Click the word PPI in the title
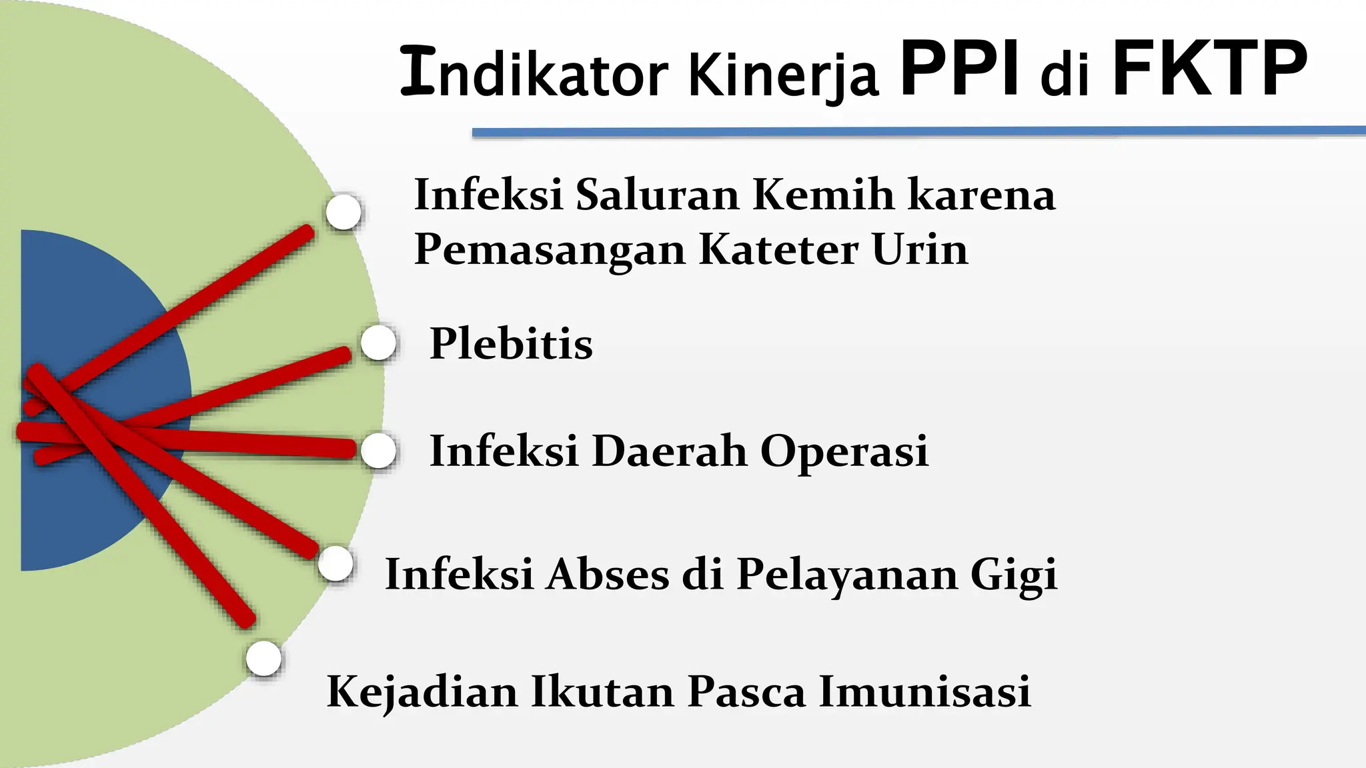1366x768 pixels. point(959,69)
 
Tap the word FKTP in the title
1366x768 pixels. point(1209,69)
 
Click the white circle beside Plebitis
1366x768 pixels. point(378,343)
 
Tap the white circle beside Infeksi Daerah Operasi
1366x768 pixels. point(378,451)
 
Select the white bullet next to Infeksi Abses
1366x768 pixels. point(335,564)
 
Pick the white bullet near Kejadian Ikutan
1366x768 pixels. point(263,659)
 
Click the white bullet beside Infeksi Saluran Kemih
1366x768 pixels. point(344,212)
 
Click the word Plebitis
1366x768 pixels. point(511,344)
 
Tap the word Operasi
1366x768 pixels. point(844,451)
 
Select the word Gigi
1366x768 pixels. point(1014,575)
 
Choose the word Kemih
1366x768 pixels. point(823,195)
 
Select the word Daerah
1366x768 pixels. point(669,451)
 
